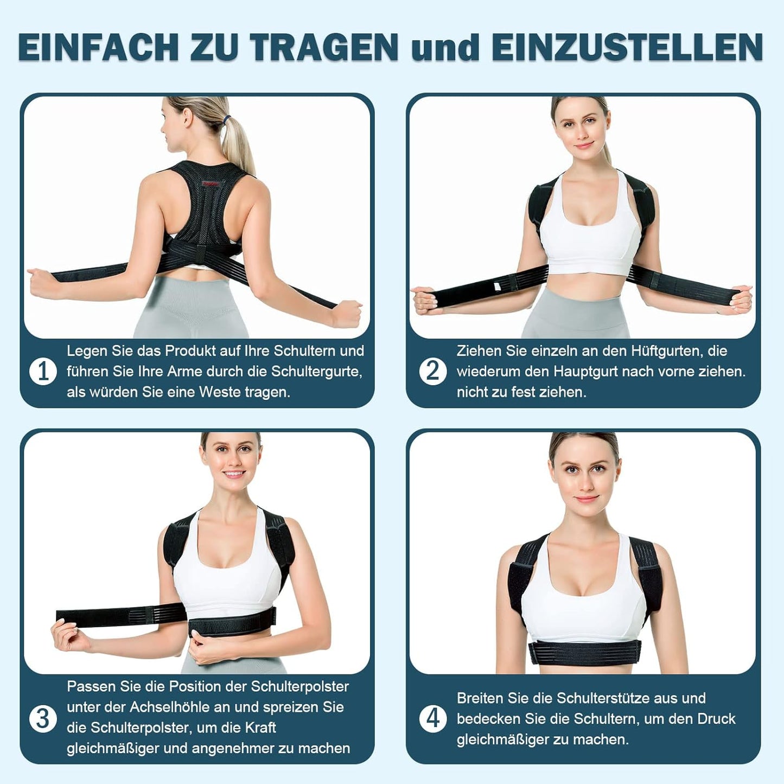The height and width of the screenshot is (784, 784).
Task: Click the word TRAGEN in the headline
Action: pyautogui.click(x=323, y=48)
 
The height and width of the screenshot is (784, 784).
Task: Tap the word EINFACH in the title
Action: pyautogui.click(x=98, y=48)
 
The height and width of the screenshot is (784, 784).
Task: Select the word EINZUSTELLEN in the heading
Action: pyautogui.click(x=627, y=48)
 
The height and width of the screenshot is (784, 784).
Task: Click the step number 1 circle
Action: pyautogui.click(x=43, y=372)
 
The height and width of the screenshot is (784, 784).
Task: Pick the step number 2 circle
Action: pyautogui.click(x=432, y=372)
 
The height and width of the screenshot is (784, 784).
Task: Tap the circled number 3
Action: pyautogui.click(x=43, y=719)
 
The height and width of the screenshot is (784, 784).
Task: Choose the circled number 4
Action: pyautogui.click(x=432, y=719)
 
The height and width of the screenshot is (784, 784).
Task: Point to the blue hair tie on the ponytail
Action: pyautogui.click(x=227, y=119)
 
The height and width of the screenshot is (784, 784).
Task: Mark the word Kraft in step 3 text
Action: pyautogui.click(x=258, y=728)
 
